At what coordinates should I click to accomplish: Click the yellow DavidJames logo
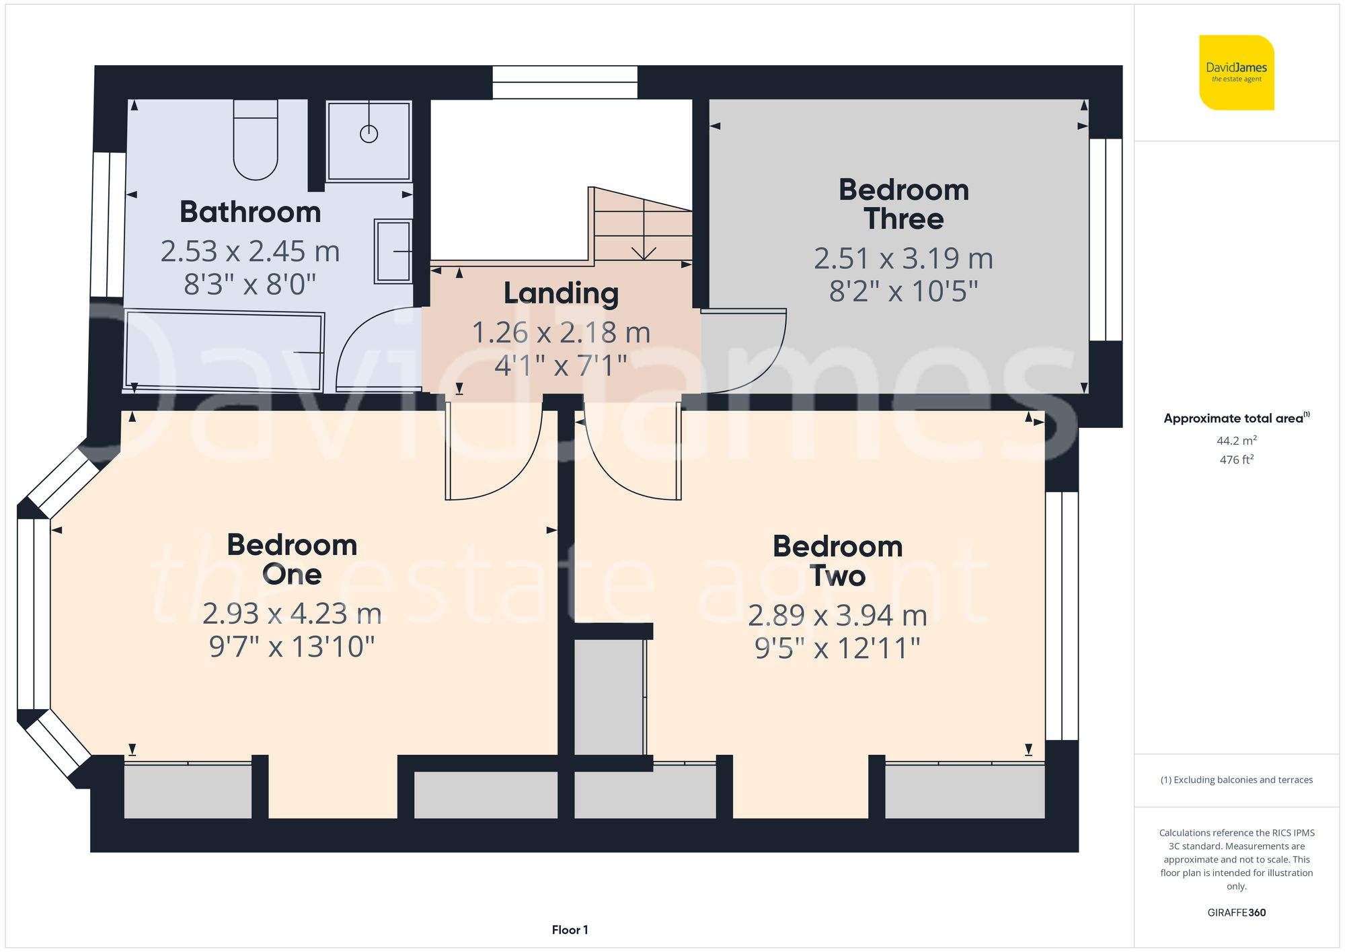[x=1236, y=73]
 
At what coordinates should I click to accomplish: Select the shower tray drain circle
[x=369, y=134]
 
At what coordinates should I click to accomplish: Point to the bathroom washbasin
[x=393, y=251]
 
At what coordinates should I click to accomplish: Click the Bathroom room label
[x=250, y=212]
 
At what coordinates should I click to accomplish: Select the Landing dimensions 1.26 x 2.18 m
[x=561, y=332]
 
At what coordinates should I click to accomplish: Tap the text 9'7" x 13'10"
[x=291, y=647]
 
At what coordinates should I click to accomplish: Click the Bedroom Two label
[x=837, y=560]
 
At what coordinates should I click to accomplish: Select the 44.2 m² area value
[x=1236, y=441]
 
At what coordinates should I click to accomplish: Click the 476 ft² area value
[x=1236, y=460]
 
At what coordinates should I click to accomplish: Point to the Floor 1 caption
[x=570, y=930]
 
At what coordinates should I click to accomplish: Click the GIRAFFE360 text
[x=1236, y=912]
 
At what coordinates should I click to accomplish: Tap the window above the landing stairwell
[x=565, y=82]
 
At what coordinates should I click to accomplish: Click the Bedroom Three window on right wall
[x=1105, y=239]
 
